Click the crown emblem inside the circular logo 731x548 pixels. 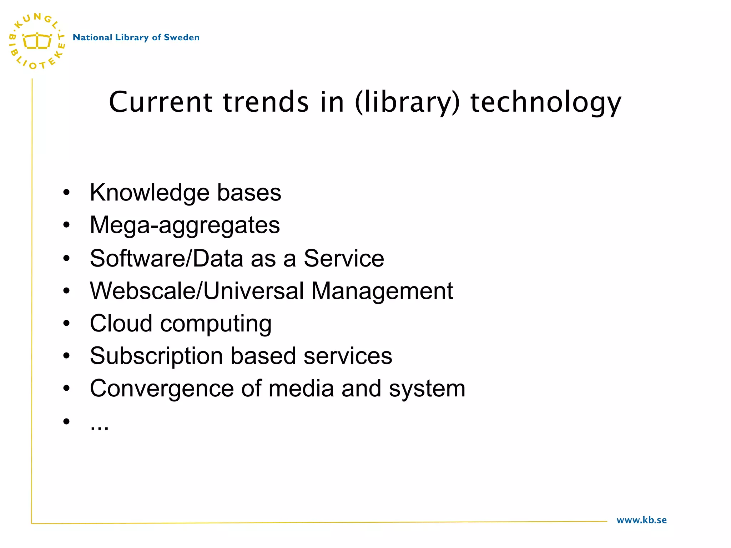(x=37, y=41)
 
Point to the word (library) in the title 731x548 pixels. (x=407, y=103)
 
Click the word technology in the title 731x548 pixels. (x=546, y=103)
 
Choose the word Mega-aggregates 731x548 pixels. (x=185, y=225)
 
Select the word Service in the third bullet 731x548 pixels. (x=344, y=258)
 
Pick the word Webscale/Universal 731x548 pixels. (x=197, y=291)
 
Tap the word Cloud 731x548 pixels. (x=121, y=324)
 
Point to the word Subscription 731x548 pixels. (x=156, y=356)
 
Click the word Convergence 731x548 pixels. (x=162, y=389)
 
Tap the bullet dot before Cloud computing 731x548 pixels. (x=66, y=324)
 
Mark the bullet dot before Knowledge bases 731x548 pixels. (x=66, y=193)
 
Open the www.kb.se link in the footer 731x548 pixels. (x=641, y=520)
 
